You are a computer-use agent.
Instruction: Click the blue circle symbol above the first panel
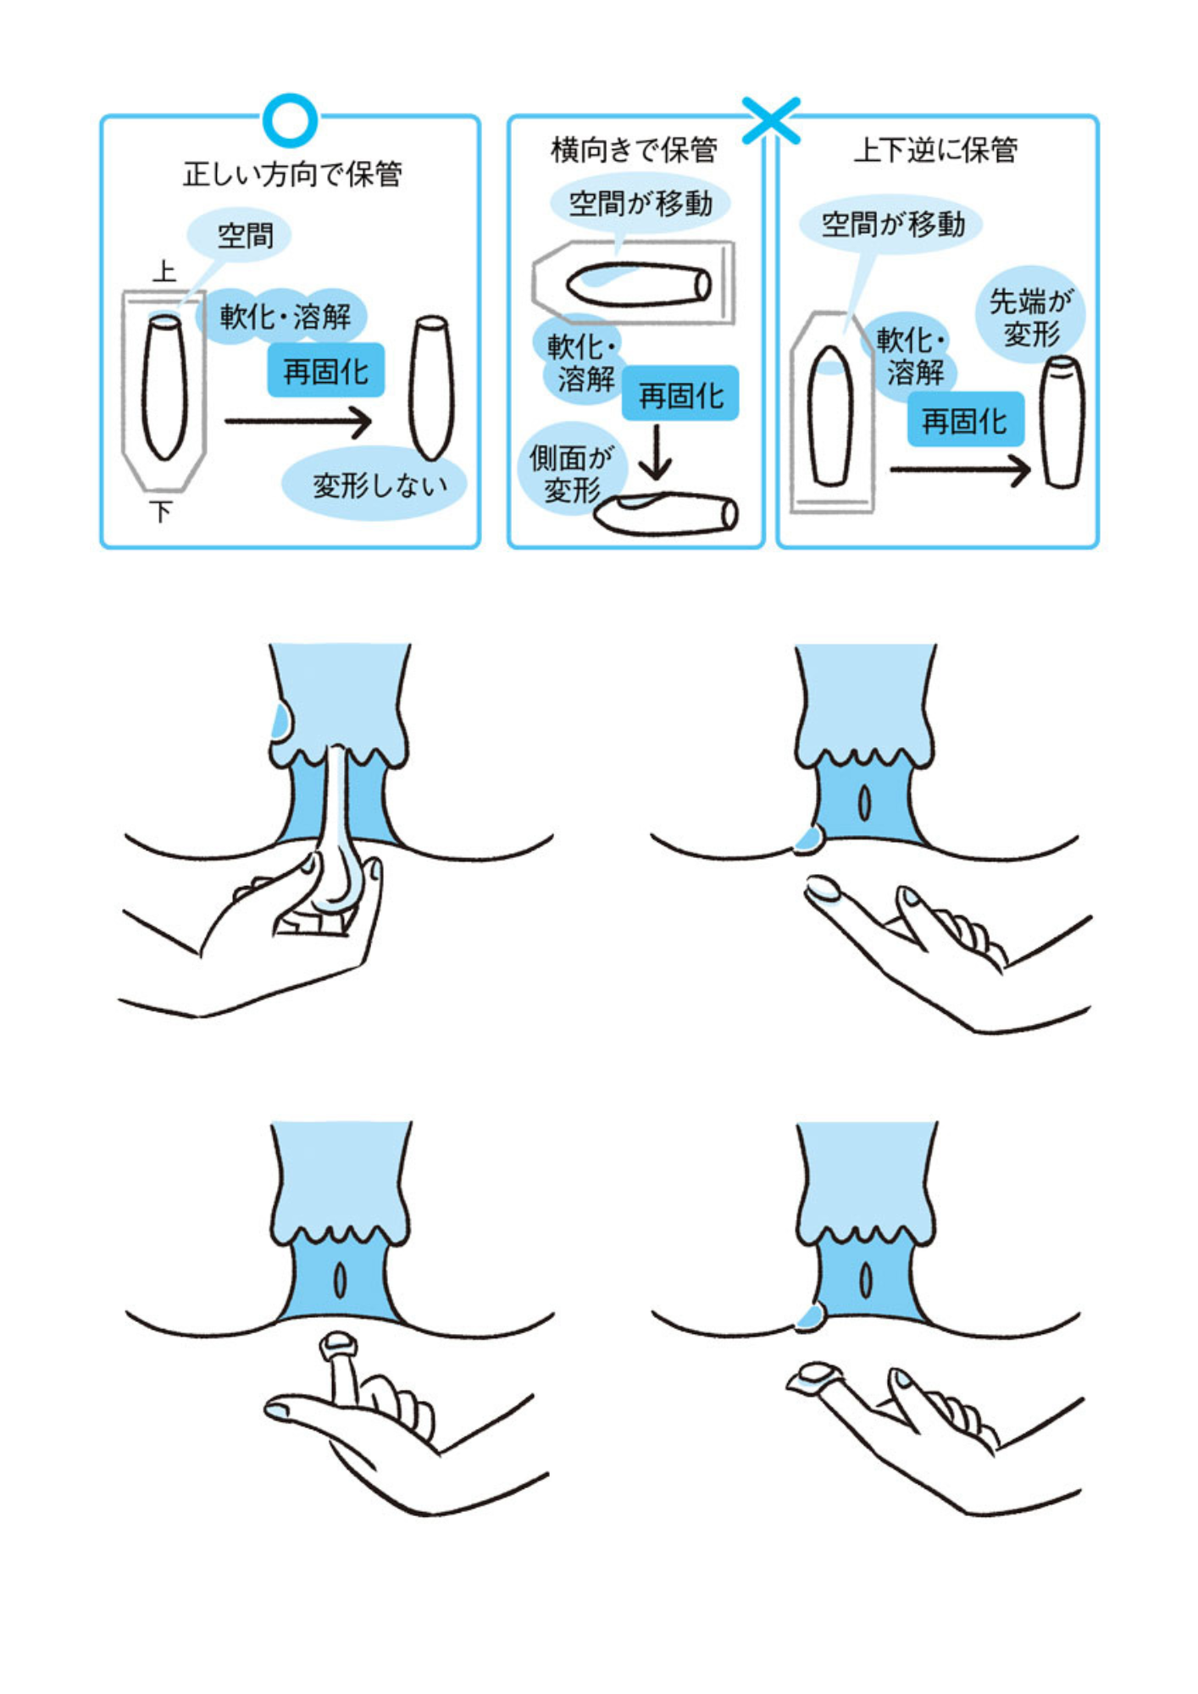[290, 120]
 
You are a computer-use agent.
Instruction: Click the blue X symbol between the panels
[770, 119]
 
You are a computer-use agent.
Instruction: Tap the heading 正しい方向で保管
[292, 174]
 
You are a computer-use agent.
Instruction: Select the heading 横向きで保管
[634, 150]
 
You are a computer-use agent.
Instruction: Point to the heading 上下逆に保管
[935, 150]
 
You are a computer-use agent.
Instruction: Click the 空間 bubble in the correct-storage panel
[245, 235]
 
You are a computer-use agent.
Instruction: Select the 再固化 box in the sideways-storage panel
[680, 395]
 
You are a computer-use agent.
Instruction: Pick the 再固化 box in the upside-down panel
[964, 420]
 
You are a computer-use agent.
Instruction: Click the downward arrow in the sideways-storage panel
[655, 452]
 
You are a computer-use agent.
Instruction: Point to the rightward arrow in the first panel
[298, 421]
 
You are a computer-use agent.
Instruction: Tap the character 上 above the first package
[164, 272]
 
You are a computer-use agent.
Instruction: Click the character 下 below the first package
[161, 512]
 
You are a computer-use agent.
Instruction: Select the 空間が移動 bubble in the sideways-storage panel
[640, 204]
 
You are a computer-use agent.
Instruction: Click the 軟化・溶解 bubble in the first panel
[286, 317]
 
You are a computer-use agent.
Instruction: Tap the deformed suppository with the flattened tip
[1062, 421]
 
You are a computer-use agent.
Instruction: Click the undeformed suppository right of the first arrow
[432, 387]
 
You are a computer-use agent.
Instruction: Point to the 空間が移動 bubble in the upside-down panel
[892, 224]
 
